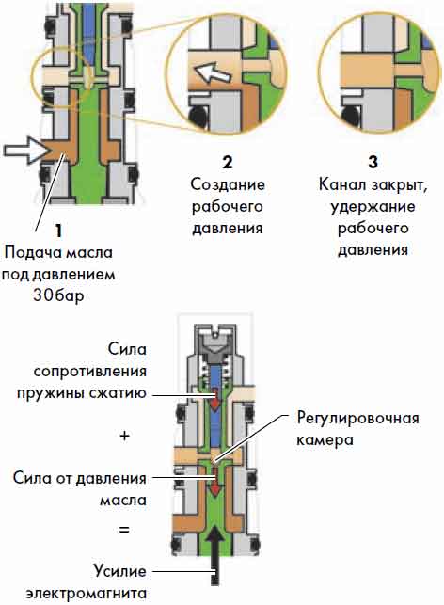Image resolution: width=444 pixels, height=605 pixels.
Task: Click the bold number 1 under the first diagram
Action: pos(58,231)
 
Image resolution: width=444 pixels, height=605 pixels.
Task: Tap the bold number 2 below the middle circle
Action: pos(228,162)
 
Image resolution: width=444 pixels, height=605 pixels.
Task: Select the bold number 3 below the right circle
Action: pos(373,162)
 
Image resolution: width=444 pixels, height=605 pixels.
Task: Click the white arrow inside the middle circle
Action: pos(213,73)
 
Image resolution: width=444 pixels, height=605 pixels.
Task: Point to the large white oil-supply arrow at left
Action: pos(27,151)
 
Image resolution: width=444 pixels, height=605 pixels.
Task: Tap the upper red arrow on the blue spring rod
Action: pos(214,400)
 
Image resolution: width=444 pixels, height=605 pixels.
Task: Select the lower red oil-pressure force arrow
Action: pos(214,485)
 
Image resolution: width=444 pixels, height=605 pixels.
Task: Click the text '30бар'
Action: pos(58,295)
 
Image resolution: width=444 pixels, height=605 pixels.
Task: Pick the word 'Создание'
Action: pos(228,184)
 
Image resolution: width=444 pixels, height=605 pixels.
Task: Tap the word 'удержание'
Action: pos(373,207)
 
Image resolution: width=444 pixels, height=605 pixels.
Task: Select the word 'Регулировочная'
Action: pos(357,419)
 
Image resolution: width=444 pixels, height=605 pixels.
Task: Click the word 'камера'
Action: pos(325,440)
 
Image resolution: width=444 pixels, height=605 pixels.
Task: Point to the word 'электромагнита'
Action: pos(86,593)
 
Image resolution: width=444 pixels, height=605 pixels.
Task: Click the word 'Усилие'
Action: pos(120,571)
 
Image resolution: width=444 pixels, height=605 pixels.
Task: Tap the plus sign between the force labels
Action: pos(124,436)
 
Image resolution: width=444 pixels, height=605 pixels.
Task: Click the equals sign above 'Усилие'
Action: pos(124,530)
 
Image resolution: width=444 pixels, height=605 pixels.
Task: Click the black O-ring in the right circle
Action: pos(350,116)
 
